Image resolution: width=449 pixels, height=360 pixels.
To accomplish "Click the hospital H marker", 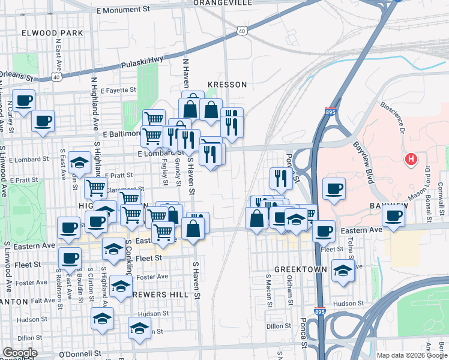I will point(411,160).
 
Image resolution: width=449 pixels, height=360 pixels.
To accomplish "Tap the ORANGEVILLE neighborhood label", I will point(222,3).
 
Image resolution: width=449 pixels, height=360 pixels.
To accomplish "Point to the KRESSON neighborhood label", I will point(227,85).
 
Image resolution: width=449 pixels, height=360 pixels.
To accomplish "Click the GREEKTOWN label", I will point(295,269).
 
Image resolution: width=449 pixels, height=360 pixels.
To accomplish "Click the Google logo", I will point(19,353).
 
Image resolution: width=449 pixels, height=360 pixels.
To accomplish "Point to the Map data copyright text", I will point(412,355).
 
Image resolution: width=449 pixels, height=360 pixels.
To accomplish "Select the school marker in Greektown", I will point(342,271).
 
